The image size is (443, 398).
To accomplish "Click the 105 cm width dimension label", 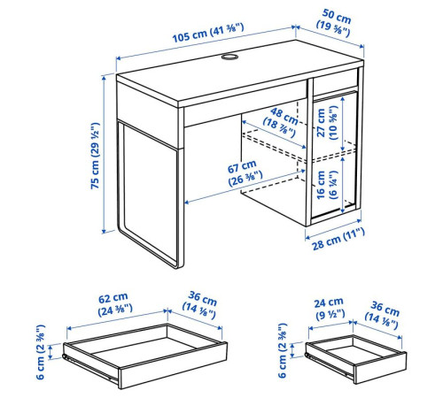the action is tap(208, 33).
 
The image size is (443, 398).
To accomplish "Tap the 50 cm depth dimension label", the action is tap(335, 23).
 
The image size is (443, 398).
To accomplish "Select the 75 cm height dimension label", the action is tap(95, 156).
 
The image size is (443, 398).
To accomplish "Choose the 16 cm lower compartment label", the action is tap(327, 185).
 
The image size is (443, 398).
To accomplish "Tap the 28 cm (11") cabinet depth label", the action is tap(338, 239).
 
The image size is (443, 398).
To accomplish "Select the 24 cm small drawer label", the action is tap(330, 309).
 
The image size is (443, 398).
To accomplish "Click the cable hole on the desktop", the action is tap(229, 57).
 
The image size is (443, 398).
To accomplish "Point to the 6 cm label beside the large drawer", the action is tap(41, 352).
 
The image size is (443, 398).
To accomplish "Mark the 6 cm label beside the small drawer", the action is tap(283, 350).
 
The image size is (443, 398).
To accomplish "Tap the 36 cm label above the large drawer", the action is tap(200, 305).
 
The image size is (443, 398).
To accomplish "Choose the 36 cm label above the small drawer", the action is tap(382, 315).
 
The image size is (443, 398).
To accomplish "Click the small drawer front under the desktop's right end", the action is tap(336, 82).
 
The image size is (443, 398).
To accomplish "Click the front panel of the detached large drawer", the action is tap(174, 365).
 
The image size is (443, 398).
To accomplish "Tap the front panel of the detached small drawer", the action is tap(381, 368).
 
